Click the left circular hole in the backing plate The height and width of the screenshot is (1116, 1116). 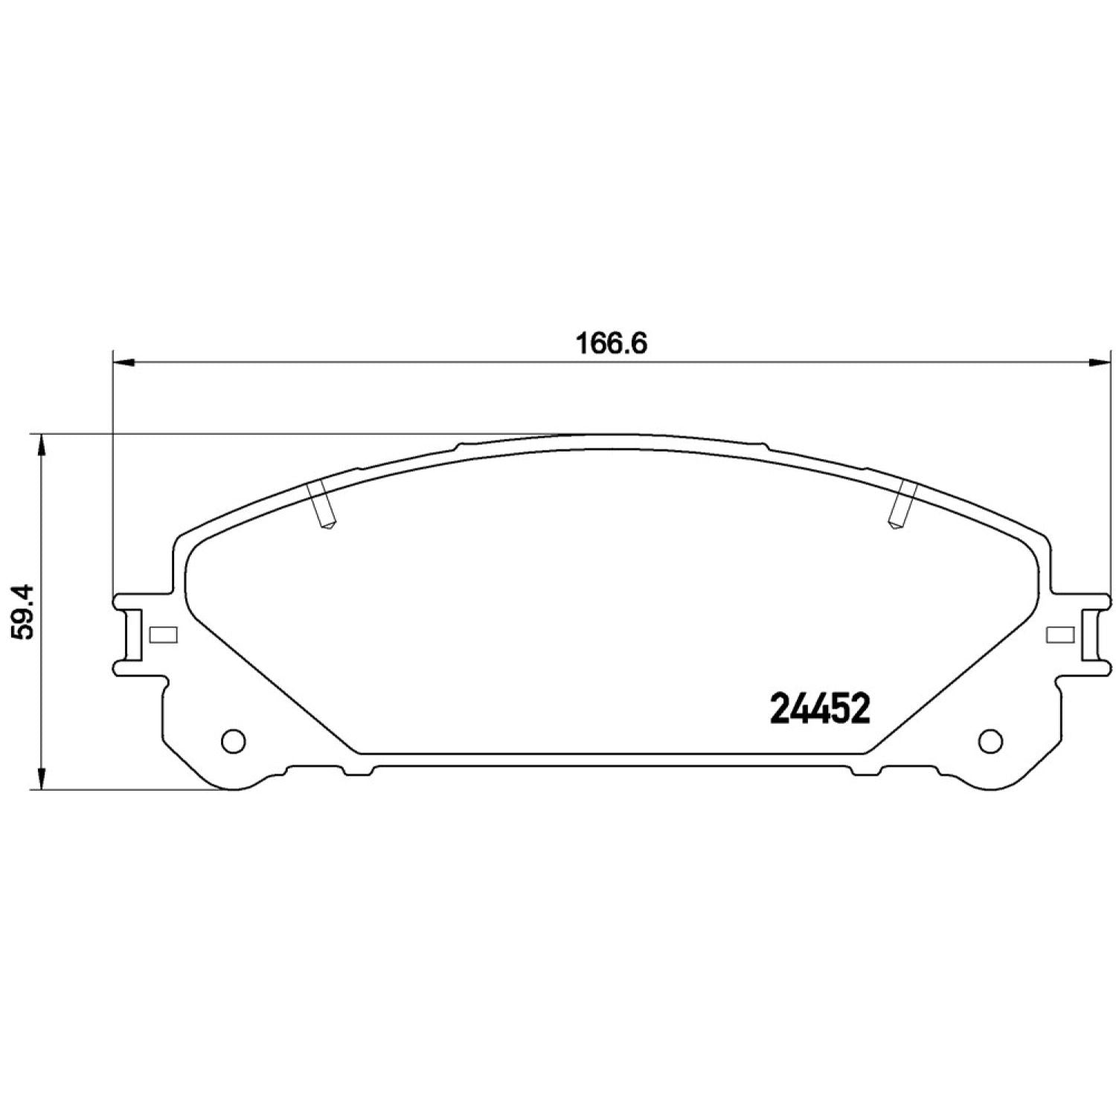pos(234,740)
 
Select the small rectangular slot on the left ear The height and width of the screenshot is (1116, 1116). pos(163,634)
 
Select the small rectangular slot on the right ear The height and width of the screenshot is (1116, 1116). pos(1060,634)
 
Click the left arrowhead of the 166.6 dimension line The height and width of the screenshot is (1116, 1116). pos(124,362)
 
